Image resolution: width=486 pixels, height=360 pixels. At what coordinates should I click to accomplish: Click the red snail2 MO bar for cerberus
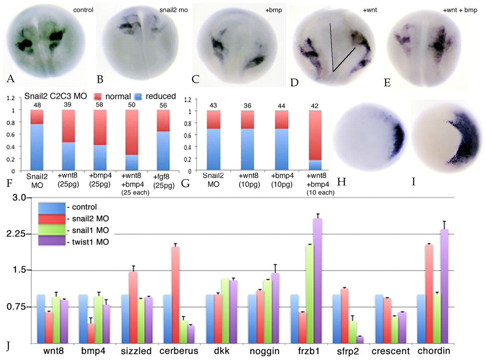point(176,295)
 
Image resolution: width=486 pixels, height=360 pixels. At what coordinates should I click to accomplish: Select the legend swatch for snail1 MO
point(51,230)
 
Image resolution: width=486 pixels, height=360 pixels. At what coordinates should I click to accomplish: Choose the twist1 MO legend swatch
point(51,242)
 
